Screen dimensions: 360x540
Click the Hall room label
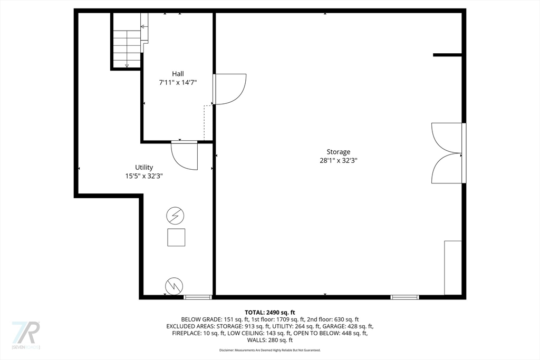178,74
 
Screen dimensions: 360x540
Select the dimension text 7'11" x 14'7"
178,83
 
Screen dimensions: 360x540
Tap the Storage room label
338,152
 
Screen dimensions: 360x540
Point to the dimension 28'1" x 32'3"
338,161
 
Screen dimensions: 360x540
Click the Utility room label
144,168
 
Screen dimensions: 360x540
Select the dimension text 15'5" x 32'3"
144,177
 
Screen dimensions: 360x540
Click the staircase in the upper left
127,48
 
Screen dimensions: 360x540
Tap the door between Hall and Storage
229,89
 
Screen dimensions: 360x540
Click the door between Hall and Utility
185,155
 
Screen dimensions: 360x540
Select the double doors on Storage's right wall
447,153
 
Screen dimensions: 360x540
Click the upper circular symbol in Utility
175,216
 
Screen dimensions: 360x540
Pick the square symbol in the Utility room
176,238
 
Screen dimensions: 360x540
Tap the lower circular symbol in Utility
174,286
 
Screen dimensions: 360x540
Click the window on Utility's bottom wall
198,297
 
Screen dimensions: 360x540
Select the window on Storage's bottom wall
404,297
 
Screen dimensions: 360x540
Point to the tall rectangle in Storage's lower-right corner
453,268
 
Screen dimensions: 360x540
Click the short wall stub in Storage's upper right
448,55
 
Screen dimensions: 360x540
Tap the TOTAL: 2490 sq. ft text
270,312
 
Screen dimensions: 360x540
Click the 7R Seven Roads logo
26,334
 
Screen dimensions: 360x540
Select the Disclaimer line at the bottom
270,350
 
